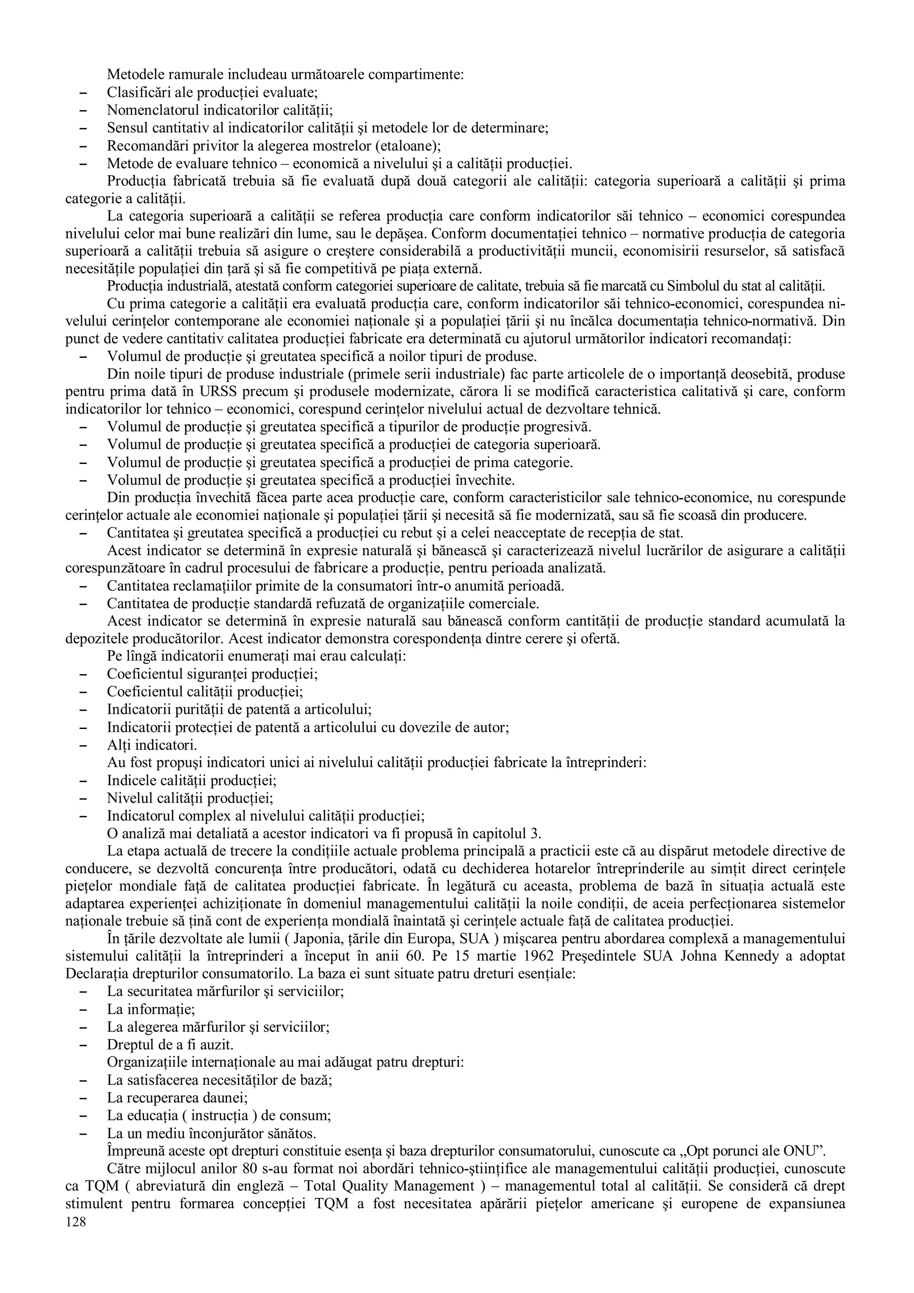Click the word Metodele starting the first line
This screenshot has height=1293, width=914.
(133, 75)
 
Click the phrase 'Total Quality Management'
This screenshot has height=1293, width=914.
(389, 1186)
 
